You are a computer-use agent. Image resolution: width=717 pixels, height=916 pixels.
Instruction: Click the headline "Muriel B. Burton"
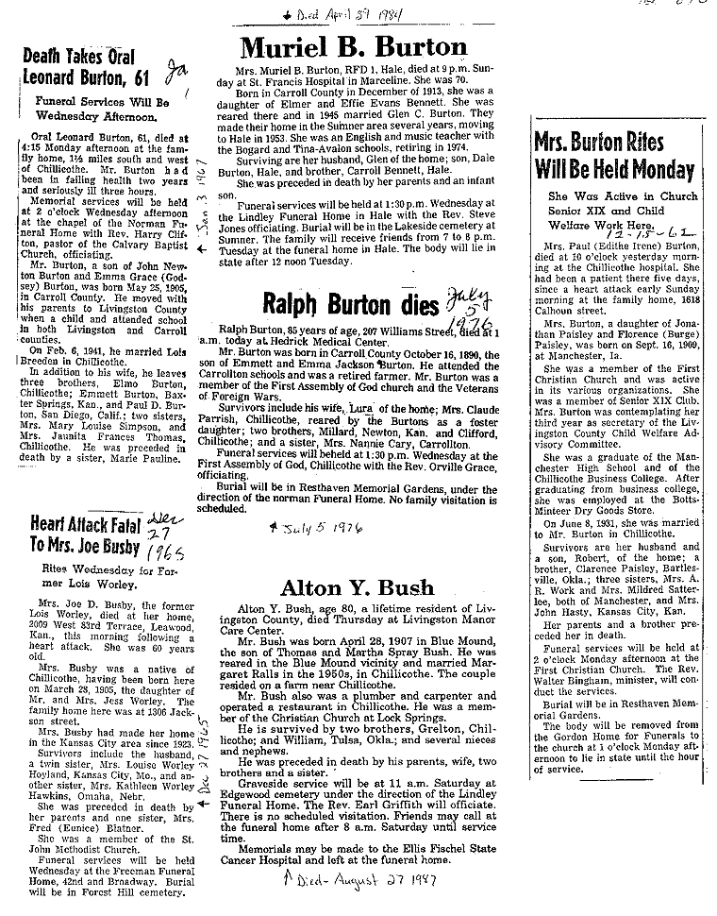(x=354, y=47)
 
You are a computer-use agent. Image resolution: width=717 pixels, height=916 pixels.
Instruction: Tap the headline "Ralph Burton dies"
(x=337, y=305)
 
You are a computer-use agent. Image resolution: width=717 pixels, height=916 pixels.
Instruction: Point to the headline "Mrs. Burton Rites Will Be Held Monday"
(x=613, y=157)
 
